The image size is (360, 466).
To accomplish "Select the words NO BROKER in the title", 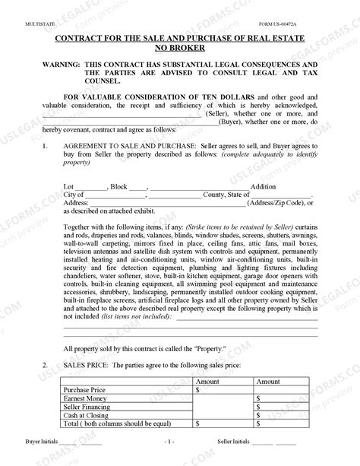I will coord(181,46).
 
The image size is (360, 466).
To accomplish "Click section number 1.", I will coord(46,144).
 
